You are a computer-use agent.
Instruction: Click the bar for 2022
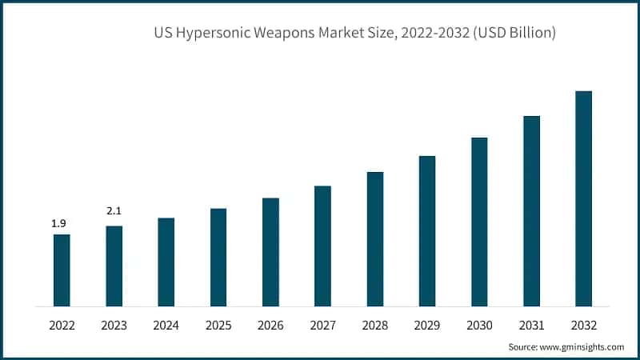coord(62,270)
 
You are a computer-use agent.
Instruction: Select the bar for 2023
coord(114,266)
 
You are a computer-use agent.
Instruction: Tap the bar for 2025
coord(218,257)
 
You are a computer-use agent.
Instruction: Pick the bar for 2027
coord(322,246)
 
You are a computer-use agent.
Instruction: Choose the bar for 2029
coord(427,230)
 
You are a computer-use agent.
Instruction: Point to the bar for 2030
coord(479,222)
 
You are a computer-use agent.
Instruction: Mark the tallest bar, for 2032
coord(584,198)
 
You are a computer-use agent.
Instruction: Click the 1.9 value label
coord(59,223)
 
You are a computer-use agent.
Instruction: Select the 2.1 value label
coord(113,211)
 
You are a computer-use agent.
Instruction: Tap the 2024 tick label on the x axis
coord(166,326)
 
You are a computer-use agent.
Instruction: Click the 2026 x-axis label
coord(270,326)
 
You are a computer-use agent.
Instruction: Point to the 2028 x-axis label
coord(374,326)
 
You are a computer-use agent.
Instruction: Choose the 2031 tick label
coord(531,326)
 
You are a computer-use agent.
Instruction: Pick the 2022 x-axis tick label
coord(62,326)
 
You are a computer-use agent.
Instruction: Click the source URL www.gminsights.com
coord(582,347)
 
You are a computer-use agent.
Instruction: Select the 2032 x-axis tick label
coord(584,326)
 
